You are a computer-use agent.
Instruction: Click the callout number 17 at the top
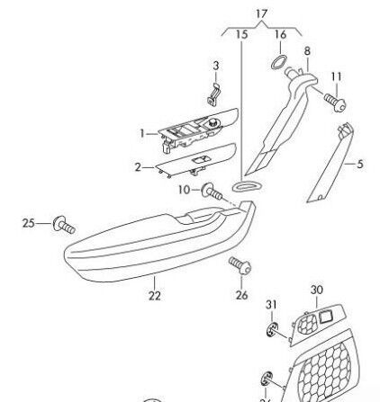pyautogui.click(x=261, y=13)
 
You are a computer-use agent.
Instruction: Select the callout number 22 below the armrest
pyautogui.click(x=155, y=296)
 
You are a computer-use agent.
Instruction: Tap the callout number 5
pyautogui.click(x=360, y=164)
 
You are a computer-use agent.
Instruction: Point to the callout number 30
pyautogui.click(x=317, y=290)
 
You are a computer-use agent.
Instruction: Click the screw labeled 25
pyautogui.click(x=64, y=225)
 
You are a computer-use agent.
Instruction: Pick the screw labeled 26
pyautogui.click(x=240, y=265)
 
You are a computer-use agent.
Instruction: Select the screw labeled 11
pyautogui.click(x=335, y=102)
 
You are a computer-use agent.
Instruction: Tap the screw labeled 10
pyautogui.click(x=212, y=192)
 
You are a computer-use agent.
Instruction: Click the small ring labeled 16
pyautogui.click(x=279, y=62)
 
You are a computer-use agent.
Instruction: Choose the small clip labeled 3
pyautogui.click(x=213, y=95)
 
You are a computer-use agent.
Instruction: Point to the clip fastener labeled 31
pyautogui.click(x=272, y=330)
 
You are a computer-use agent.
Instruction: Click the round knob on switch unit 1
pyautogui.click(x=213, y=122)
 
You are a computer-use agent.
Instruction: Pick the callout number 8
pyautogui.click(x=307, y=51)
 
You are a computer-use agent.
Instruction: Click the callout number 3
pyautogui.click(x=216, y=66)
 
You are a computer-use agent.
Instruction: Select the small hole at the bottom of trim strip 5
pyautogui.click(x=320, y=197)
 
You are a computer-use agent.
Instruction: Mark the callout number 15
pyautogui.click(x=241, y=35)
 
